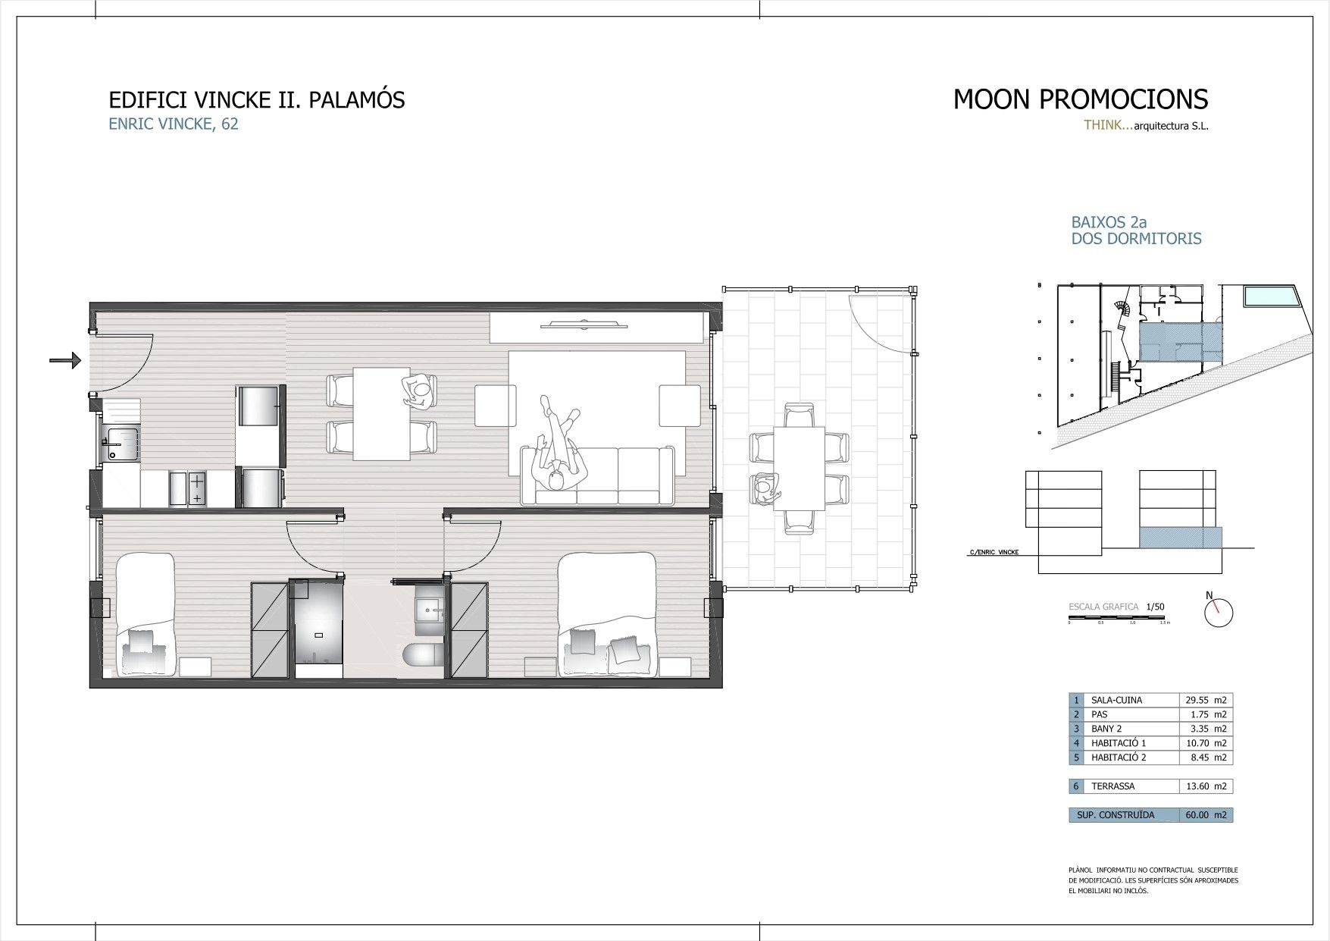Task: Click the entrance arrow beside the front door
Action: tap(65, 360)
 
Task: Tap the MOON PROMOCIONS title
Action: tap(1080, 99)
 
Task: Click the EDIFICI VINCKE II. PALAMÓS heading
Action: tap(257, 100)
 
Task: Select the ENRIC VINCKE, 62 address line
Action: tap(174, 124)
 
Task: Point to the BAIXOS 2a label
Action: tap(1109, 222)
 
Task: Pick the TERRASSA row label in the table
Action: tap(1113, 786)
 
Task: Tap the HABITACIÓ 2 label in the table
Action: tap(1119, 758)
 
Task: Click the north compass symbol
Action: tap(1219, 612)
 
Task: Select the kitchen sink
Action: tap(121, 444)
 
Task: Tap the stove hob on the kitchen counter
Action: tap(197, 488)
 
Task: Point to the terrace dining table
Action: tap(799, 468)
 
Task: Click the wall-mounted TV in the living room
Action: tap(584, 326)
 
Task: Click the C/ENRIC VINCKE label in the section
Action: tap(993, 552)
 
